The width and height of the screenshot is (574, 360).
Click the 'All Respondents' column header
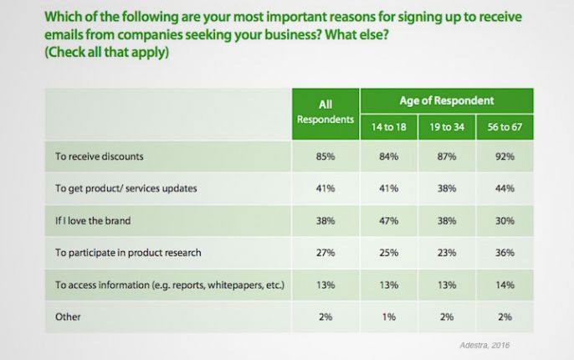(x=325, y=112)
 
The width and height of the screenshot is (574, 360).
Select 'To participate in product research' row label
(x=128, y=253)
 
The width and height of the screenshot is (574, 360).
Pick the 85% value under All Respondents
(x=325, y=155)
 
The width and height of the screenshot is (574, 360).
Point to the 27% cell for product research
(x=325, y=253)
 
